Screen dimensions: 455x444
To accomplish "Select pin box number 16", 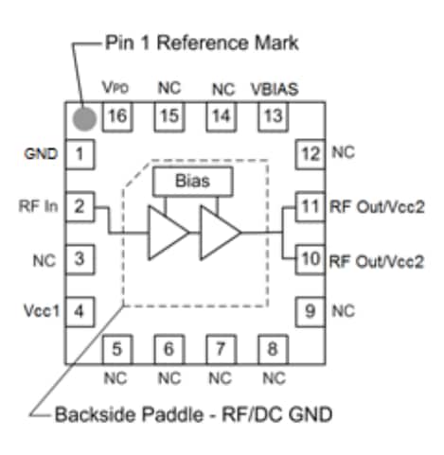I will click(x=118, y=116).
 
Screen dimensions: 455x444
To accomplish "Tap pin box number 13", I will click(x=273, y=116).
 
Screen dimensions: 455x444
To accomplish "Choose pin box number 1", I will click(x=81, y=153).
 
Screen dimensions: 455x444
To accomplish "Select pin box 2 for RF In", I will click(x=81, y=205).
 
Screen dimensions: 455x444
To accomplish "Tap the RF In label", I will click(x=38, y=204).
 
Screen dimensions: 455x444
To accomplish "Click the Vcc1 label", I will click(x=40, y=309).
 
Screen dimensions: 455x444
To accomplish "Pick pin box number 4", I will click(x=81, y=309).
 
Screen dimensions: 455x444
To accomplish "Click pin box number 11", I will click(x=309, y=205).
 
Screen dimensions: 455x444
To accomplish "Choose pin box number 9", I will click(x=309, y=309).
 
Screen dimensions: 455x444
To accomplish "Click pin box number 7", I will click(x=221, y=349).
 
